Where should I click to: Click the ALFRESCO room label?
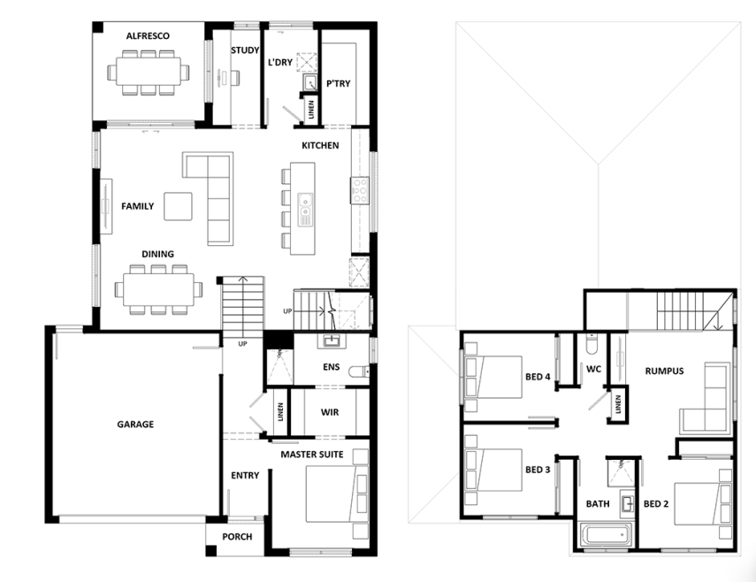point(148,35)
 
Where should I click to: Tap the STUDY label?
point(245,50)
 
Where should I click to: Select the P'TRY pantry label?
point(339,83)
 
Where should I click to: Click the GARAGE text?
point(135,425)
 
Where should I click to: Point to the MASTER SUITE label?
point(312,455)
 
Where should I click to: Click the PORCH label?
point(237,537)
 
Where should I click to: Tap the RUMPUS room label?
point(664,371)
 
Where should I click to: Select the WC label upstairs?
point(593,369)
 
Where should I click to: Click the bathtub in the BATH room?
point(606,534)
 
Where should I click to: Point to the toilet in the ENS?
point(359,372)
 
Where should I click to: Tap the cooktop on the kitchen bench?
point(360,190)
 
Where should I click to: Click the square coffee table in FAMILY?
point(178,206)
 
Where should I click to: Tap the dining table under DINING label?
point(158,289)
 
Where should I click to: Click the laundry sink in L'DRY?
point(309,82)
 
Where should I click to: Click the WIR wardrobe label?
point(330,412)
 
